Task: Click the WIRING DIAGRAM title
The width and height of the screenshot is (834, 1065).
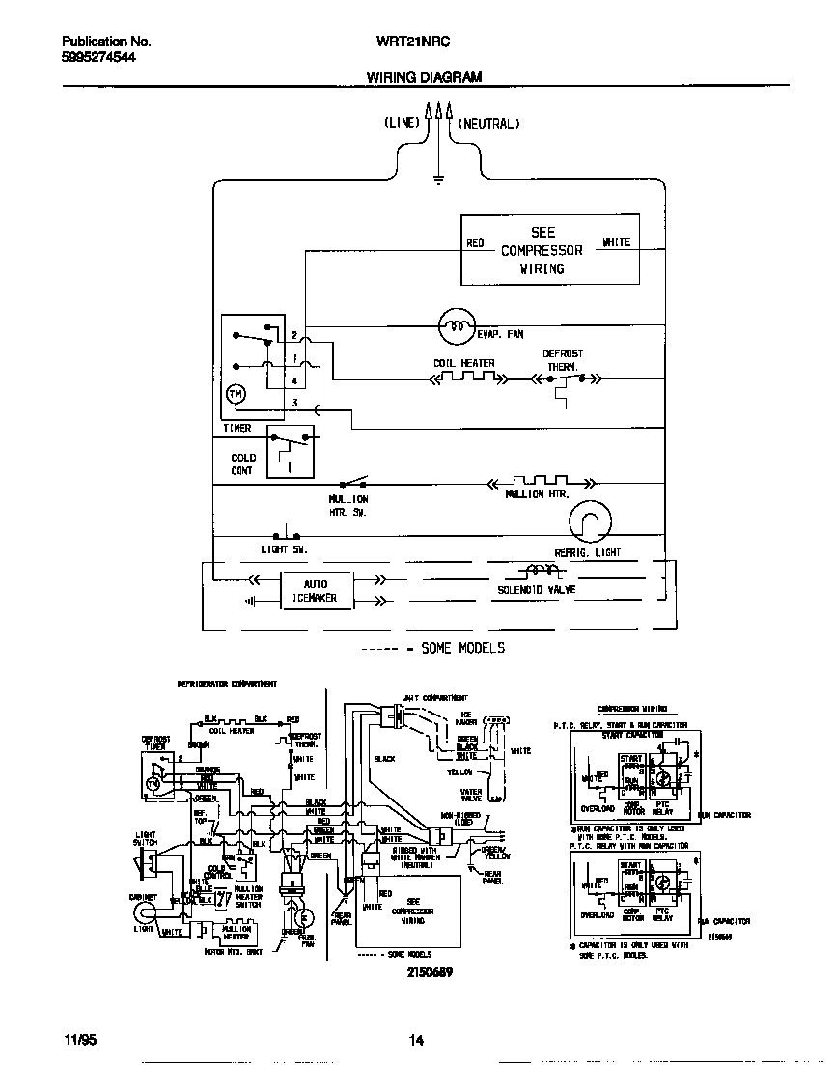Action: [424, 77]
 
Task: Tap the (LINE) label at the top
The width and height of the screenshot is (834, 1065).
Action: [402, 124]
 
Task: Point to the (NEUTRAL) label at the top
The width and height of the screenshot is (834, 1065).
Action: [488, 124]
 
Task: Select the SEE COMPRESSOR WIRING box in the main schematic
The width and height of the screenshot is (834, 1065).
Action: [549, 250]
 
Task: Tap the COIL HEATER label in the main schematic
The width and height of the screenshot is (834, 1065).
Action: [463, 364]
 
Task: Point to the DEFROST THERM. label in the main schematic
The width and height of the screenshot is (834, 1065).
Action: [563, 360]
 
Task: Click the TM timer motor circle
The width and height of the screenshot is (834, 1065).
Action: [236, 394]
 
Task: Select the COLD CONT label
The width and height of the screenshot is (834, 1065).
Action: [243, 463]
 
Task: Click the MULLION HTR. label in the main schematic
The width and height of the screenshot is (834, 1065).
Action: [538, 494]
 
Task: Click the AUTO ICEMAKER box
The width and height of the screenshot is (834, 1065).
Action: [316, 590]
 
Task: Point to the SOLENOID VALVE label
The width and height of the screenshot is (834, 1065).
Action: [537, 589]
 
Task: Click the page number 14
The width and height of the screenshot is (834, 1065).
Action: [416, 1040]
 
